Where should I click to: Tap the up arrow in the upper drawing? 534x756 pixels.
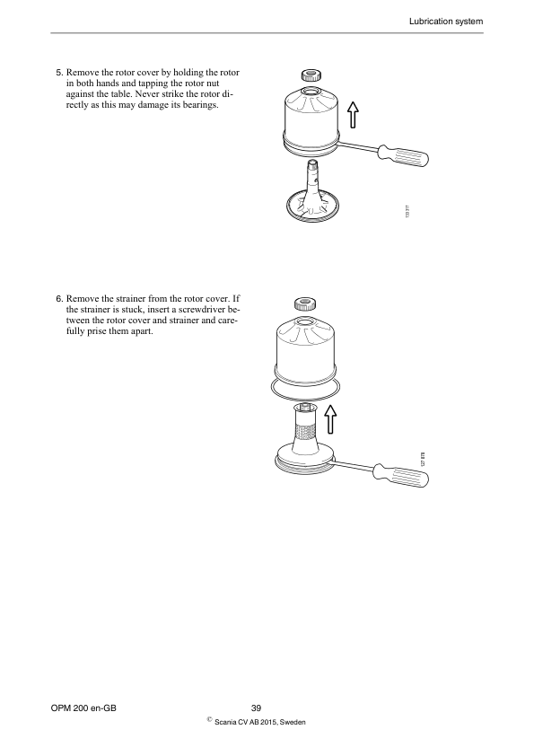[x=354, y=114]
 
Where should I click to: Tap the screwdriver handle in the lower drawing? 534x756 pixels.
[x=405, y=474]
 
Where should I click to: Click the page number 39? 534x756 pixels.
[x=256, y=708]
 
